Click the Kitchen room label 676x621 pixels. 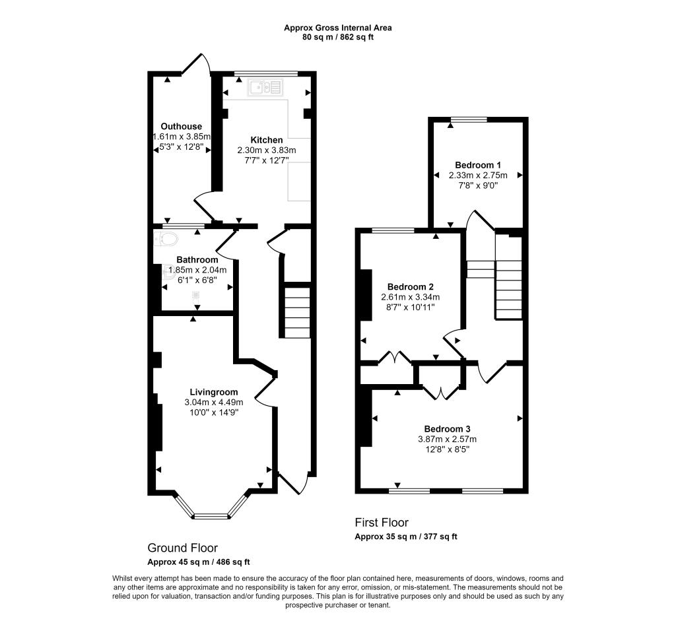pos(267,140)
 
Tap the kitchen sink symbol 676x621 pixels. pos(265,88)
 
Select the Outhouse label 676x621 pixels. pos(181,126)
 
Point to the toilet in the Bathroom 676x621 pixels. pos(166,239)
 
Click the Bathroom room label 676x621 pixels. pos(197,260)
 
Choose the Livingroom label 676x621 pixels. pos(214,392)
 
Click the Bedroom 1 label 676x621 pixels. pos(478,165)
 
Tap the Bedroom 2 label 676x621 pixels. pos(411,287)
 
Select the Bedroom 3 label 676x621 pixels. pos(447,429)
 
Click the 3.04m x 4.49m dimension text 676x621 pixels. pos(214,403)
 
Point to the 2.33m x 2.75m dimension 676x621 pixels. pos(478,176)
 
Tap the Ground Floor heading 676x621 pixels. pos(182,548)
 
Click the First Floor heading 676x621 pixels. pos(382,523)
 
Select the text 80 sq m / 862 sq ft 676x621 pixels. pos(338,37)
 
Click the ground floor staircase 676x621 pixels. pos(297,311)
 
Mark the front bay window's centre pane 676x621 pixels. pos(211,516)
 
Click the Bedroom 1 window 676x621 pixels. pos(469,119)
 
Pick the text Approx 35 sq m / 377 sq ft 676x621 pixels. pos(406,537)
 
